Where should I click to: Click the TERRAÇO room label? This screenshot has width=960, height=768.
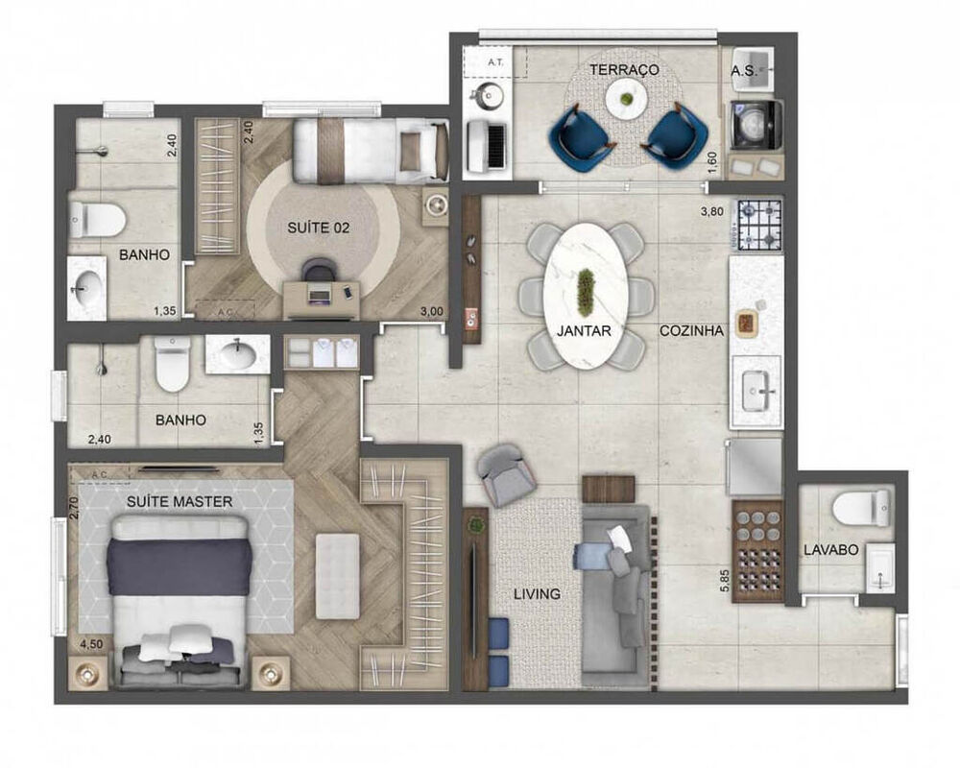pos(624,70)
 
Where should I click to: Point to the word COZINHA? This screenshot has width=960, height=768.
pos(691,330)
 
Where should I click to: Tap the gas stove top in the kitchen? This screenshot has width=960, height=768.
pos(759,226)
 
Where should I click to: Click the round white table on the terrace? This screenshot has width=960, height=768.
pos(625,96)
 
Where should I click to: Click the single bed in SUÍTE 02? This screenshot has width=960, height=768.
pos(370,150)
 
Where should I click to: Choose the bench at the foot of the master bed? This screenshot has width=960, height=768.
pos(337,576)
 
